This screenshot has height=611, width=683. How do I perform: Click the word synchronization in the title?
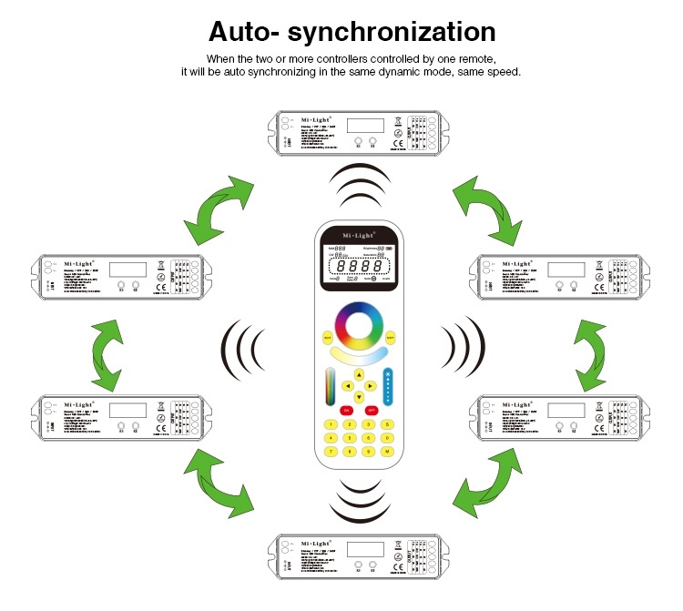(x=392, y=33)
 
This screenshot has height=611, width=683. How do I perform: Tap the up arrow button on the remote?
(x=360, y=374)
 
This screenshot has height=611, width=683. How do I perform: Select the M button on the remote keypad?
(x=387, y=452)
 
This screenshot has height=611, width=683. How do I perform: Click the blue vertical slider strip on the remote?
(x=387, y=386)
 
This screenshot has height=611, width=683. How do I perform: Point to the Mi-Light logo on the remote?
(x=359, y=232)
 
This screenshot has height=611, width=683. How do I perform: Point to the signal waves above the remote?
(x=359, y=187)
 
